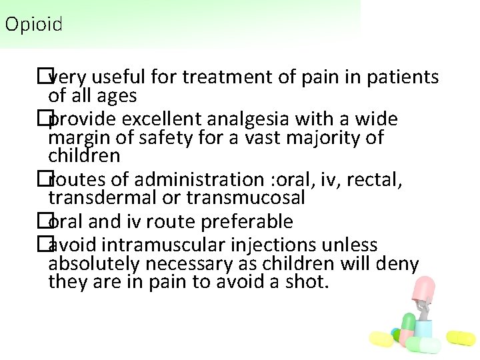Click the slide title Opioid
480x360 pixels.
coord(33,25)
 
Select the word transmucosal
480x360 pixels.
coord(246,198)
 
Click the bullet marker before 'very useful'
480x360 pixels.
coord(43,77)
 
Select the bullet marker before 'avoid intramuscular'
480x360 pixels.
coord(43,244)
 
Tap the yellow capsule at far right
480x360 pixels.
coord(461,338)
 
